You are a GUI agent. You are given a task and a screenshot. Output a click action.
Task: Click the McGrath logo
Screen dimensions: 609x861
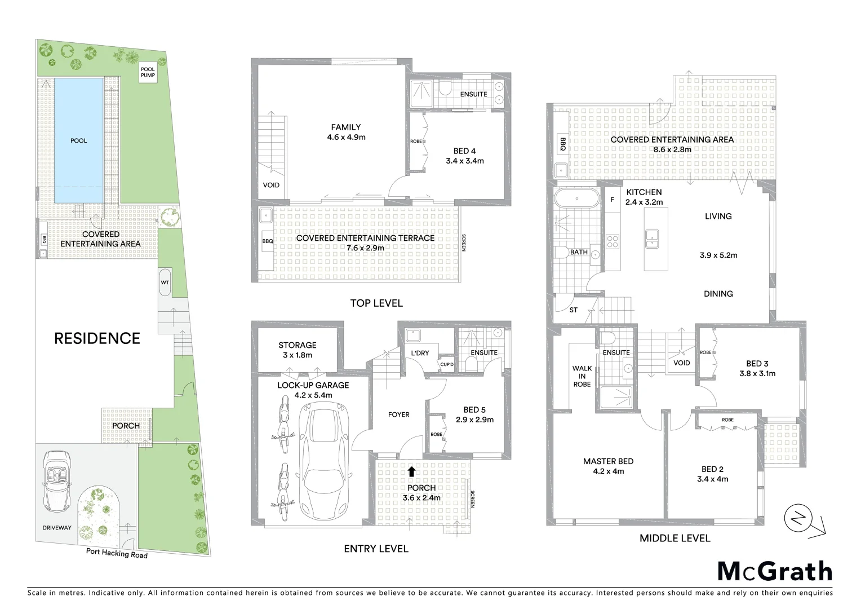point(774,571)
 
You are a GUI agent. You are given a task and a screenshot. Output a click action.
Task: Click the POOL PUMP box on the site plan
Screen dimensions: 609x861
point(148,73)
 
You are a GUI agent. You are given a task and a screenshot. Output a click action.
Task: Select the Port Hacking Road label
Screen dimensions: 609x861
point(117,553)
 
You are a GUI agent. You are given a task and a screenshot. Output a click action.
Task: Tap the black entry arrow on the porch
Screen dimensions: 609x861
point(411,471)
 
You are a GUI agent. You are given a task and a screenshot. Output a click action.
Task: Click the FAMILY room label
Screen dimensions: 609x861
point(345,127)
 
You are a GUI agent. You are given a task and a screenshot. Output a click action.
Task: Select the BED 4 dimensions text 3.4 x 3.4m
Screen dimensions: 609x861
point(464,161)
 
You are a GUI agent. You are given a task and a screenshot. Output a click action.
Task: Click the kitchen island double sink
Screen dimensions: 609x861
point(653,239)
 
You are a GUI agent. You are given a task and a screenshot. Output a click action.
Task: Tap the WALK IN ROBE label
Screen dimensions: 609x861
point(582,376)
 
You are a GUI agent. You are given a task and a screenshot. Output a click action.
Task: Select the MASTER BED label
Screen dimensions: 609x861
point(608,461)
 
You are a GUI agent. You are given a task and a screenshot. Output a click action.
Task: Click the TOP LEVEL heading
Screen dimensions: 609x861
point(376,303)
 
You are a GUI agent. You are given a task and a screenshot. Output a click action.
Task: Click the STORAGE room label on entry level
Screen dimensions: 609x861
point(297,345)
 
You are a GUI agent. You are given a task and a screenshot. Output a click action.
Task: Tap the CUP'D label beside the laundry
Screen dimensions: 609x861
point(447,364)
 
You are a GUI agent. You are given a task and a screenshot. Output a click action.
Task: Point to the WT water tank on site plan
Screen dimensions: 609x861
point(165,282)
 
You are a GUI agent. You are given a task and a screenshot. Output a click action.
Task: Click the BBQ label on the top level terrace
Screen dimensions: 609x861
point(267,241)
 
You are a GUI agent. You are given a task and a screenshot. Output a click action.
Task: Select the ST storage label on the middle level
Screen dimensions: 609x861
point(573,310)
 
